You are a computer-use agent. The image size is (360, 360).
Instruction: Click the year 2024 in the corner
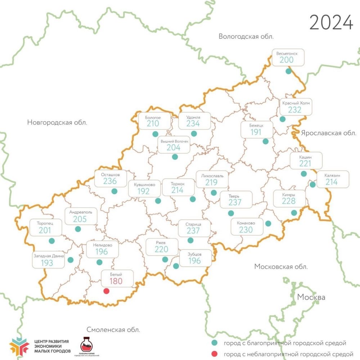coord(331,23)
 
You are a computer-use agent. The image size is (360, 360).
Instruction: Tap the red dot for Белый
coord(106,291)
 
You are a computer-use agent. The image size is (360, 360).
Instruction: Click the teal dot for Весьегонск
coord(288,71)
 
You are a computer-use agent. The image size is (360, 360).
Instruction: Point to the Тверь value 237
coord(235,202)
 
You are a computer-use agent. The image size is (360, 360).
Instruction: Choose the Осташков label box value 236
coord(110,181)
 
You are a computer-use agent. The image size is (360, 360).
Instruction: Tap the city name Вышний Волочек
coord(175,142)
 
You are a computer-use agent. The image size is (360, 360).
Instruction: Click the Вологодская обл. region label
coord(246,36)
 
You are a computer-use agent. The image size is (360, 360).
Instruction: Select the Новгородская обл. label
coord(57,122)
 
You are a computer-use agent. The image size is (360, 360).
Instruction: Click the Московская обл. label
coord(281,267)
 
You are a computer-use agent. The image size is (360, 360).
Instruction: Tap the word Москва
coord(311,297)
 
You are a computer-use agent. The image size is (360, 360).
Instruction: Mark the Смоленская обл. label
coord(113,329)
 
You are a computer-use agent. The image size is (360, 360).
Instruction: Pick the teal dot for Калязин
coord(312,185)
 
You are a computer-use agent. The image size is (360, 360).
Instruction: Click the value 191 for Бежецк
coord(256,132)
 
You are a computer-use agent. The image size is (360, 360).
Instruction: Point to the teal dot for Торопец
coord(52,240)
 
